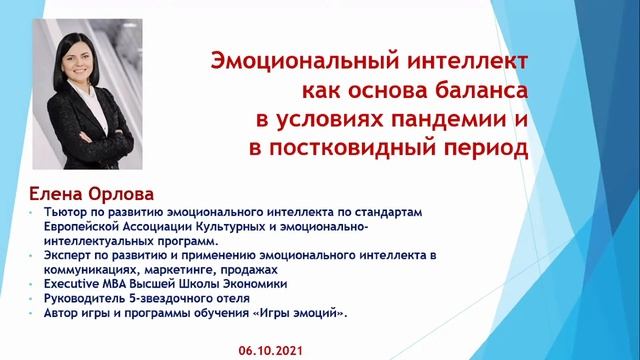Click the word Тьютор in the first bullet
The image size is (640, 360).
point(64,213)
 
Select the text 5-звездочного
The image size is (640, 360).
point(165,299)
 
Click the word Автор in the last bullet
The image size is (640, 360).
point(61,314)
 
